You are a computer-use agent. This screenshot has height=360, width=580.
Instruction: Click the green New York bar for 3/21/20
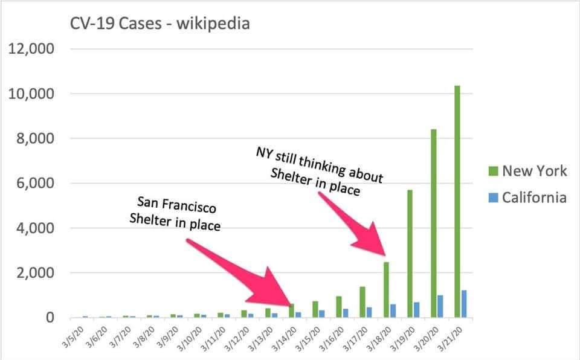click(x=457, y=202)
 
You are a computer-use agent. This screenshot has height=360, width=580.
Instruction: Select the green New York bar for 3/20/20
click(x=434, y=223)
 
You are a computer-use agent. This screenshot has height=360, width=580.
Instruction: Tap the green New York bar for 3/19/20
click(x=410, y=254)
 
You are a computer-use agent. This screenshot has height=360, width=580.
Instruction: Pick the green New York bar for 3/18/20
click(x=386, y=290)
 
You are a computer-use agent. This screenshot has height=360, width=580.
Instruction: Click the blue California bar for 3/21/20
click(x=464, y=304)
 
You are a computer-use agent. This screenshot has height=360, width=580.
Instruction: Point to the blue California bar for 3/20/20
click(x=440, y=306)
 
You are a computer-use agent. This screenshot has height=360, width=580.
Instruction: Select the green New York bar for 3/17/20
click(x=362, y=302)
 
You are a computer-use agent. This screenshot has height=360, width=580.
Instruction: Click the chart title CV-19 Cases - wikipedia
click(x=159, y=24)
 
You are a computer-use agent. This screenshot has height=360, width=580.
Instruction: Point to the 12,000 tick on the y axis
click(x=31, y=48)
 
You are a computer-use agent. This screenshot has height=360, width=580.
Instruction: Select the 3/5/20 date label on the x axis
click(x=73, y=336)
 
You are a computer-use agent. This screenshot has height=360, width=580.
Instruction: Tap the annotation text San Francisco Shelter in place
click(x=175, y=214)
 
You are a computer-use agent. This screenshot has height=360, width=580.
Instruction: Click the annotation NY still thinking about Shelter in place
click(x=319, y=171)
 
